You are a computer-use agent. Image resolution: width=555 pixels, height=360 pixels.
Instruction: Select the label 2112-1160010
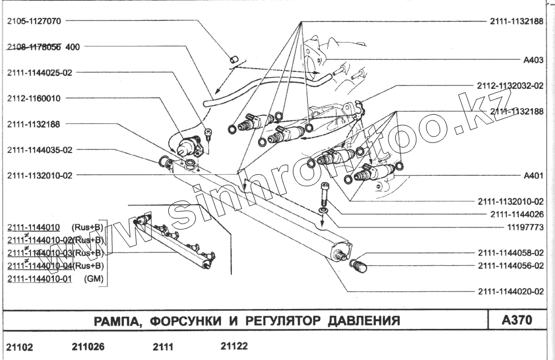click(34, 98)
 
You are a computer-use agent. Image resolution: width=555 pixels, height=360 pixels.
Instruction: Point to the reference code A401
click(533, 176)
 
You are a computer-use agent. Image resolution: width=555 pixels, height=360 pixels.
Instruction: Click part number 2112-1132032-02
click(509, 86)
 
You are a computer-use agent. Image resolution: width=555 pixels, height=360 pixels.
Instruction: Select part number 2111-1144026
click(516, 214)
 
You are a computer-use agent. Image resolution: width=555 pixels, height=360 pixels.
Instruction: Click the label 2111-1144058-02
click(509, 252)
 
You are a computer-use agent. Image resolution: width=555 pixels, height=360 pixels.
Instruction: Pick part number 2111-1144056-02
click(509, 266)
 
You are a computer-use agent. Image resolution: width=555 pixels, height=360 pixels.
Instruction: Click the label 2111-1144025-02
click(40, 72)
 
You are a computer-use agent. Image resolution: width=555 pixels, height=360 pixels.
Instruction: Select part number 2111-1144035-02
click(40, 150)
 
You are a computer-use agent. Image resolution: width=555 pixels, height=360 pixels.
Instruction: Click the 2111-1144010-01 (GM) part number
click(39, 279)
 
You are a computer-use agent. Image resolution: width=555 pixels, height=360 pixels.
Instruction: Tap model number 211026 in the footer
click(88, 347)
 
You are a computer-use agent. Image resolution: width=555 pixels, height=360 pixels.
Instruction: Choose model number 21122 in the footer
click(235, 346)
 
